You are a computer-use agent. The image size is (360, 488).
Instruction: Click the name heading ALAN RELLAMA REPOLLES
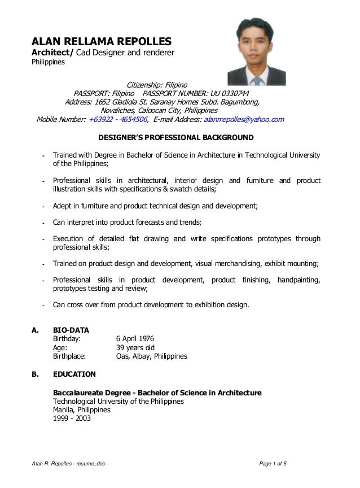(100, 41)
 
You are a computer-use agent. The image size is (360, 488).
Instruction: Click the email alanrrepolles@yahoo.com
(244, 120)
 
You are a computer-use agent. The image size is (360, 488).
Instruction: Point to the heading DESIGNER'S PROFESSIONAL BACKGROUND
(176, 137)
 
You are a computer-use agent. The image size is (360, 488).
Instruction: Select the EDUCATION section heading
(74, 374)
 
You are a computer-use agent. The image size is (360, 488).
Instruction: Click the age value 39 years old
(135, 347)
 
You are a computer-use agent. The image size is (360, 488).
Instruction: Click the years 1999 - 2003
(71, 419)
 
